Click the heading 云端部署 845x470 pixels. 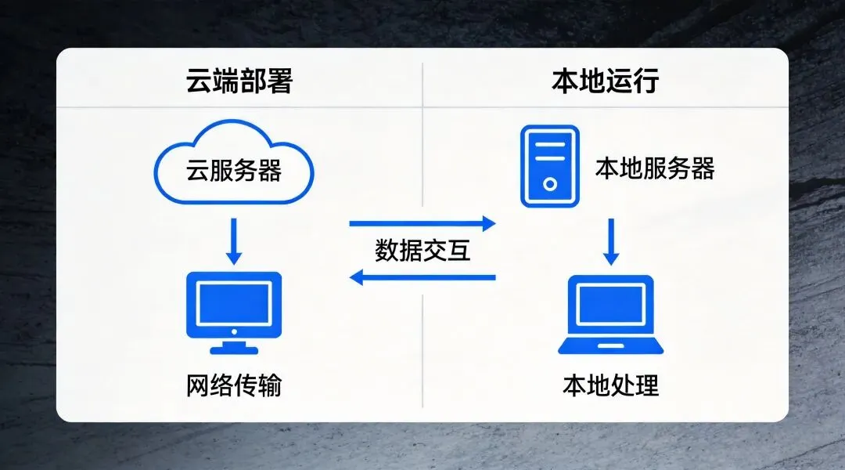(239, 81)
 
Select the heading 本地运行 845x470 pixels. (605, 81)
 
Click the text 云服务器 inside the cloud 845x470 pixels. (234, 171)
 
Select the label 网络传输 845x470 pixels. (234, 385)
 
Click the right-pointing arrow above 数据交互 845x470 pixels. (422, 224)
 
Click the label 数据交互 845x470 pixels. (422, 251)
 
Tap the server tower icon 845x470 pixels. (550, 166)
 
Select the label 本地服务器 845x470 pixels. (655, 168)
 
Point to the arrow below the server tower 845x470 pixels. (612, 241)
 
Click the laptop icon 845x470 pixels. (612, 315)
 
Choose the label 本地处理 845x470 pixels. (611, 385)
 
